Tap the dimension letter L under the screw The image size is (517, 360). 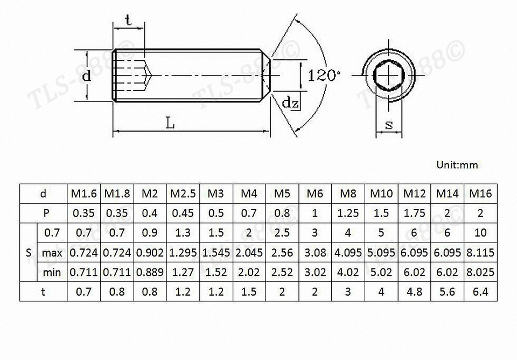pos(170,123)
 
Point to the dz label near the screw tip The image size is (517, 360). pos(291,102)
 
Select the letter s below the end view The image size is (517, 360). pos(389,126)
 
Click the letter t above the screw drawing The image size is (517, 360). pos(128,20)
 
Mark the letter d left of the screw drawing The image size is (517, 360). pos(86,77)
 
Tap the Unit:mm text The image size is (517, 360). pos(457,165)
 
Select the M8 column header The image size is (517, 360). pos(348,193)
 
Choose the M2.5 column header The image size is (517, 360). pos(183,193)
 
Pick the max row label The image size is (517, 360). pos(52,253)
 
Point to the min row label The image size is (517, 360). pos(52,273)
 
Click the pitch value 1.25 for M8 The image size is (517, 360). pos(348,213)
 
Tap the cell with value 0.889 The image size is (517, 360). pos(149,273)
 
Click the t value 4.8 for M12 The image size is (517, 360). pos(414,293)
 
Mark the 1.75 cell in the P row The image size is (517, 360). pos(414,213)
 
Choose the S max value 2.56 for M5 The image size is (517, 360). pos(282,253)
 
